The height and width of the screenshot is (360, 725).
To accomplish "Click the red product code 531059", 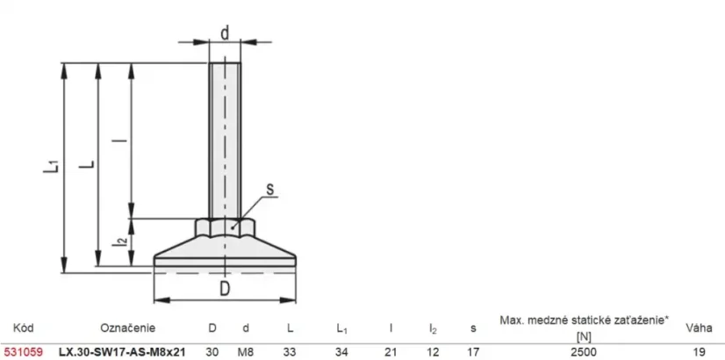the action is pyautogui.click(x=22, y=352).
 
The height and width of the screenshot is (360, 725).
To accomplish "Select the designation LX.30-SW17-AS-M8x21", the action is pyautogui.click(x=123, y=352).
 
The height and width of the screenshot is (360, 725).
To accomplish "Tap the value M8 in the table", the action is pyautogui.click(x=246, y=352).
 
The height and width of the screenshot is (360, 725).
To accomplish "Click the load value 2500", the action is pyautogui.click(x=584, y=352).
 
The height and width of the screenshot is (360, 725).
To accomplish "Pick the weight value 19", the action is pyautogui.click(x=700, y=352).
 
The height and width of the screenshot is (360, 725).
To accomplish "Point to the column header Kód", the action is pyautogui.click(x=23, y=328).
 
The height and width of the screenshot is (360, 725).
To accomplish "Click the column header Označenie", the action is pyautogui.click(x=127, y=328).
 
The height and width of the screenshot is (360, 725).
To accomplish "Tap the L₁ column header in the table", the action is pyautogui.click(x=342, y=329).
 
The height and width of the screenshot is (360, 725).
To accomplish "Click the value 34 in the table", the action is pyautogui.click(x=341, y=352).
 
